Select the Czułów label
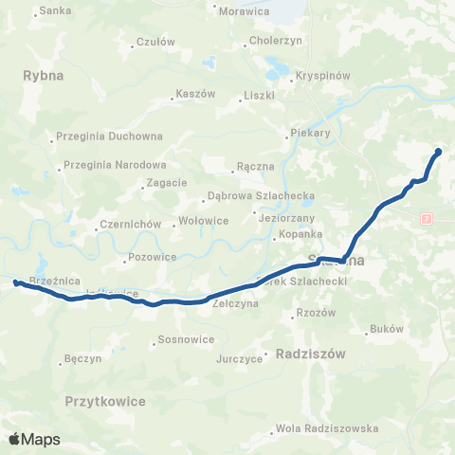point(155,42)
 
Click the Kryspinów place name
point(323,76)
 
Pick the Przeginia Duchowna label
point(110,136)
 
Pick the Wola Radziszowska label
point(336,428)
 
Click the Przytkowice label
point(105,402)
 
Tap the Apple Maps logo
point(34,439)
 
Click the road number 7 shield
point(428,218)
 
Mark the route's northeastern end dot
point(438,152)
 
